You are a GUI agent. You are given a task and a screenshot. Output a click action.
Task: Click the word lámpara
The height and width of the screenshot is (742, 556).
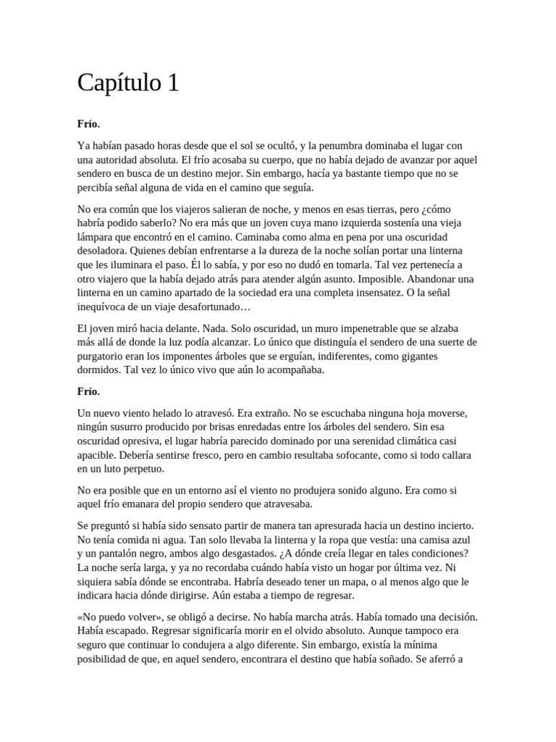tap(98, 237)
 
